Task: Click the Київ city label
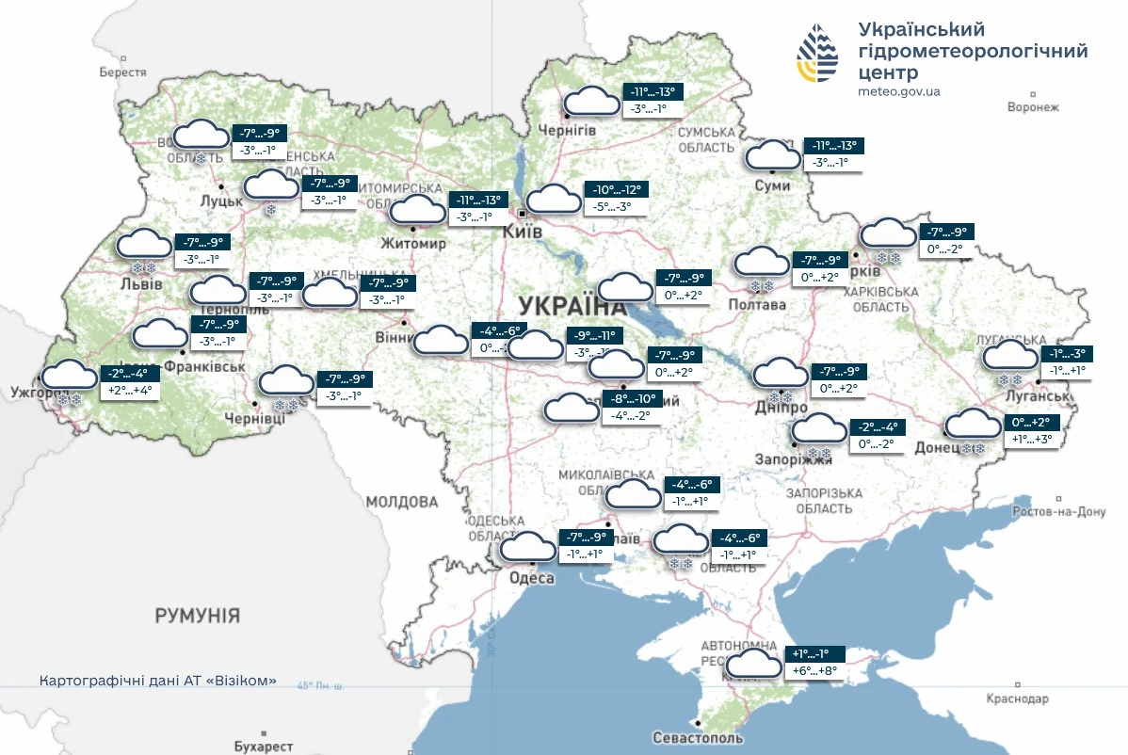(x=523, y=231)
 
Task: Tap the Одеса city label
(x=532, y=578)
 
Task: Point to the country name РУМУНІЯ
(x=198, y=616)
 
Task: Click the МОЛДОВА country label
(x=402, y=501)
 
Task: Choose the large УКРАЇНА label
(x=572, y=306)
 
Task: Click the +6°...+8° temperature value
(x=815, y=671)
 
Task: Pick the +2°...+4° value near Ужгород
(x=130, y=390)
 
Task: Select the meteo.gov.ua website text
(x=899, y=91)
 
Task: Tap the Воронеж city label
(x=1033, y=107)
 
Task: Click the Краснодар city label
(x=1017, y=699)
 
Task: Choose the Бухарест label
(x=264, y=746)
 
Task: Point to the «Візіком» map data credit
(x=158, y=680)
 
